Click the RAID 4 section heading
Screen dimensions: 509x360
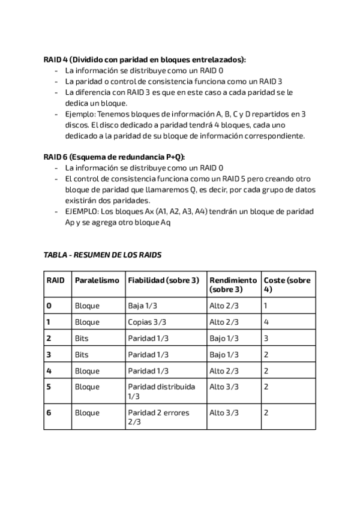(145, 60)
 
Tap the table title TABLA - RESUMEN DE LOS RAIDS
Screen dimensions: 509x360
(103, 255)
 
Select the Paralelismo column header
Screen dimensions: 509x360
(97, 281)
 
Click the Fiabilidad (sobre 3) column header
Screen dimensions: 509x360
(163, 281)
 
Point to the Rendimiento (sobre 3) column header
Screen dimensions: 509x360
(233, 285)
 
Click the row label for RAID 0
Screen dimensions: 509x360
(49, 306)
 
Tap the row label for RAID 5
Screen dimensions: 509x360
(49, 387)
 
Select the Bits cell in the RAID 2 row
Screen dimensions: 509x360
(82, 339)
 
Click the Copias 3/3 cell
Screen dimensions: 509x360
(148, 322)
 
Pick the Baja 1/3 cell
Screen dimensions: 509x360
(143, 306)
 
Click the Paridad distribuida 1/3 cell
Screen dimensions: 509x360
(161, 391)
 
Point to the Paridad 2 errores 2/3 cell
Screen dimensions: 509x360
(158, 417)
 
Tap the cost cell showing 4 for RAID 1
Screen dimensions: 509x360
(266, 322)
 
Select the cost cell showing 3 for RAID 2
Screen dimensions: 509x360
(266, 339)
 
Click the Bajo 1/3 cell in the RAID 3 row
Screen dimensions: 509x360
(224, 355)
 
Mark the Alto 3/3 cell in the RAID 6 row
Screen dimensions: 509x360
(224, 412)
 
